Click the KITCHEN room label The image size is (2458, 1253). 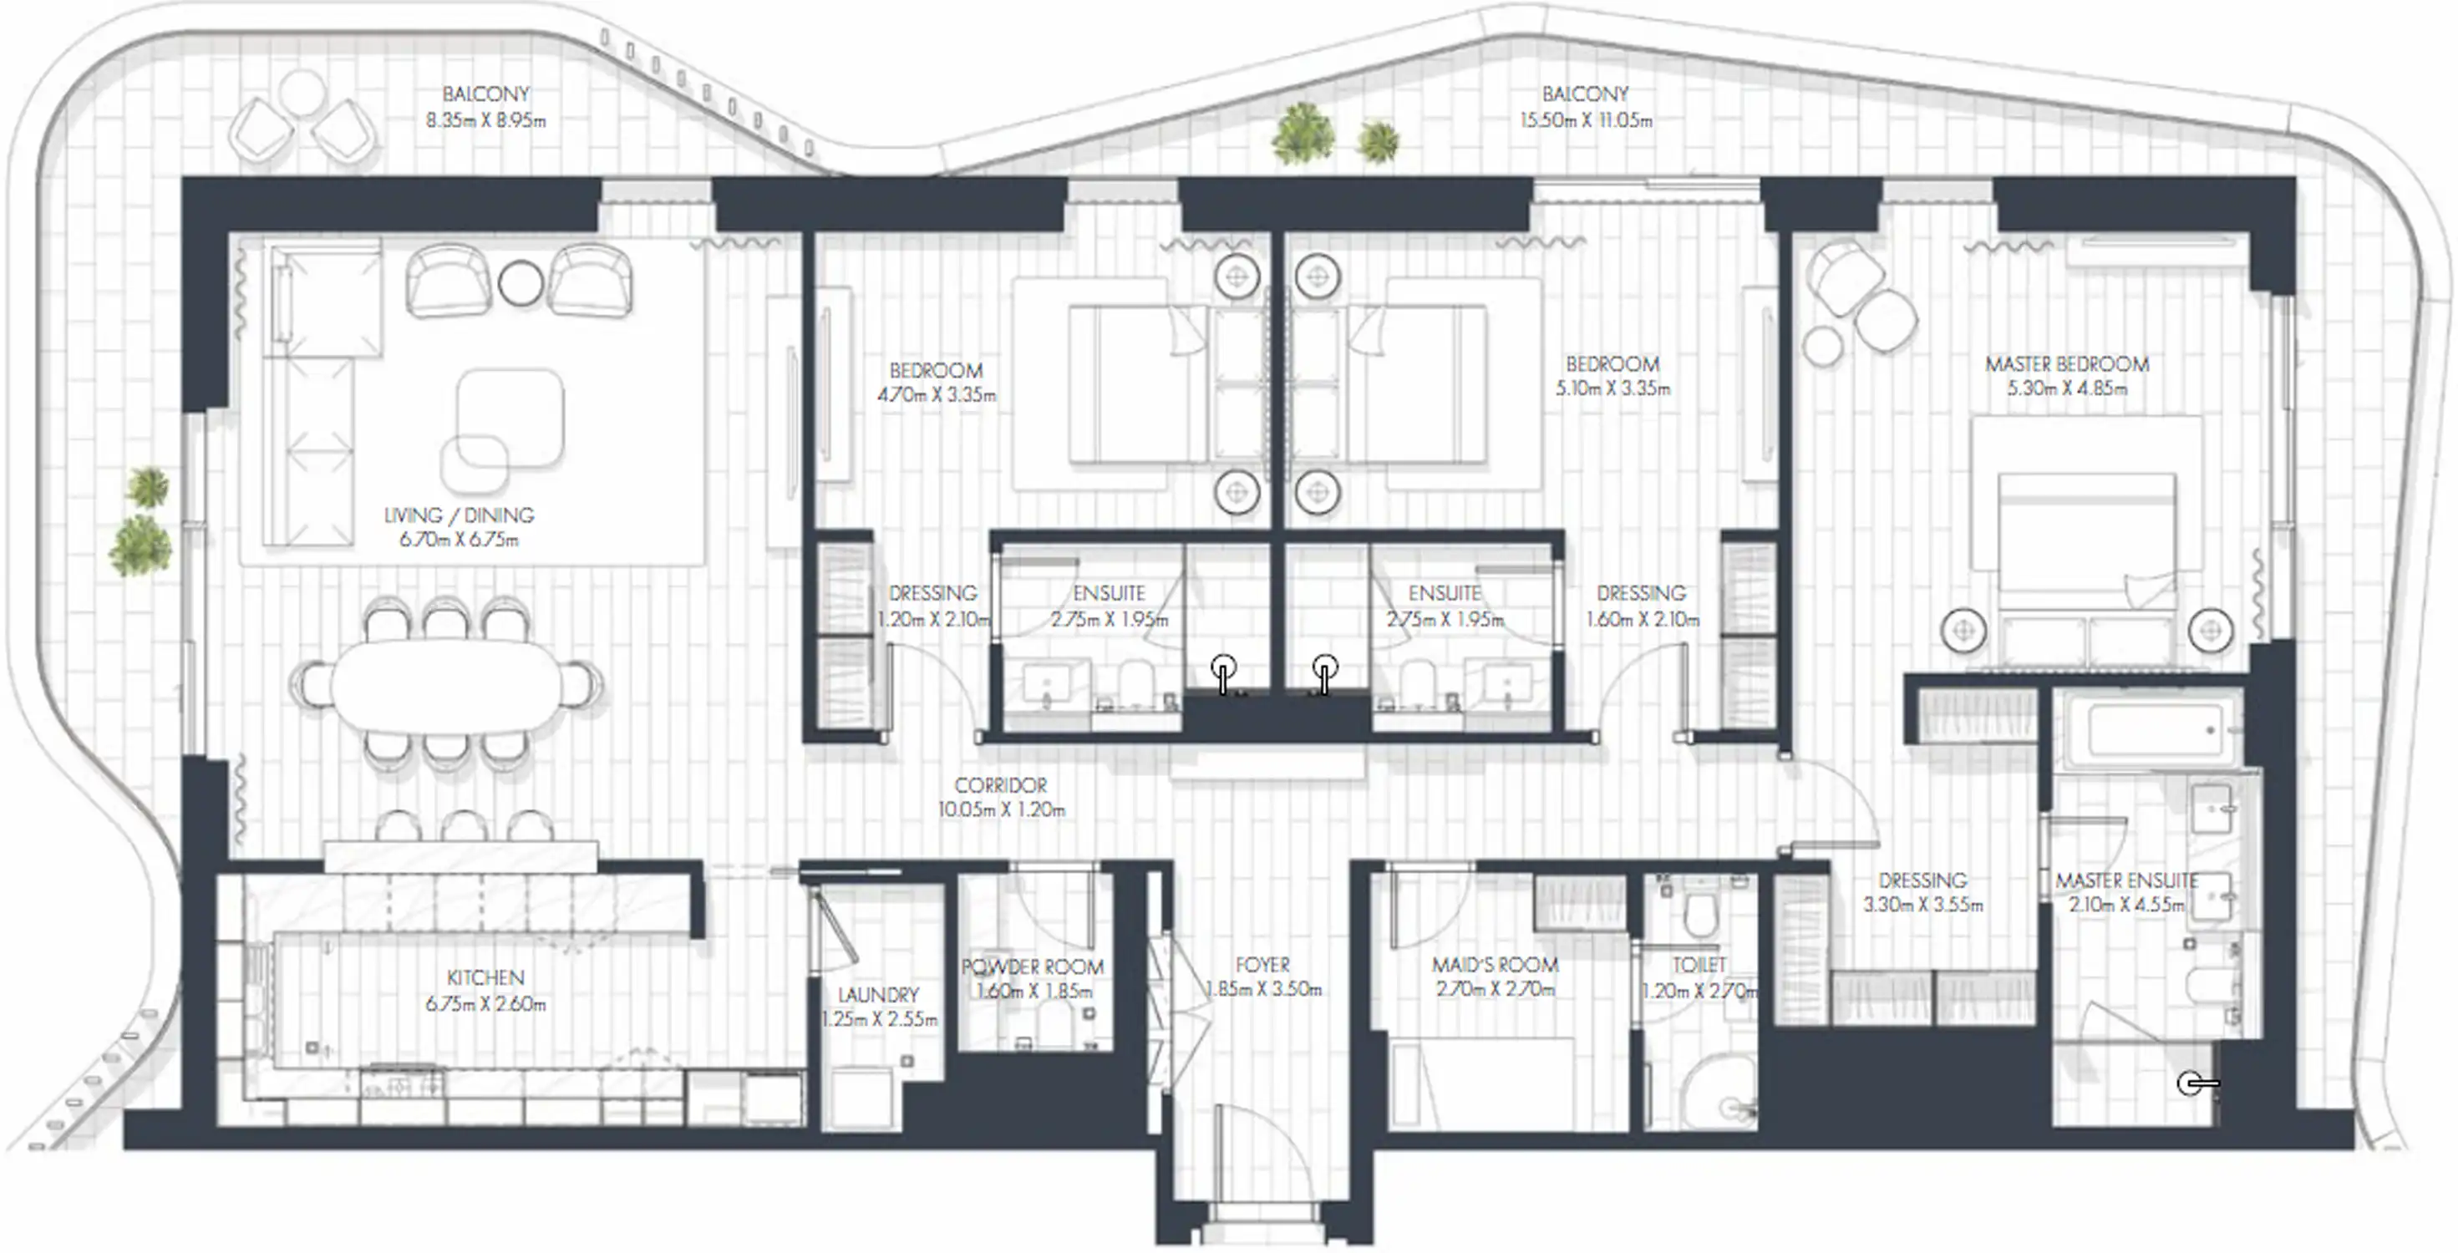(485, 978)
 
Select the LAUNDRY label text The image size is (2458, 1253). (878, 994)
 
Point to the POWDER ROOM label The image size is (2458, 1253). (1033, 966)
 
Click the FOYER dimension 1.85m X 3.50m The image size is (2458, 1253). (1263, 990)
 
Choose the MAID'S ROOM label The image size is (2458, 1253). (1494, 965)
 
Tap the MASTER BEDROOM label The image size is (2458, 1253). (2067, 363)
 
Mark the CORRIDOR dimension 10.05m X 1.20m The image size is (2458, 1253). (1001, 810)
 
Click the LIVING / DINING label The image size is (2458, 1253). (458, 515)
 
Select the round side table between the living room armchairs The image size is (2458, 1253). (521, 282)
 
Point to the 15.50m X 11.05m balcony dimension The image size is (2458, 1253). (1585, 121)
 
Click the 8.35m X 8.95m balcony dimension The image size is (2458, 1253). (485, 121)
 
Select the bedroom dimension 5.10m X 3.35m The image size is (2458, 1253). (1612, 389)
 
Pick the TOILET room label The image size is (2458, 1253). (1699, 966)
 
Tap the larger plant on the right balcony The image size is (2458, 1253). (1303, 133)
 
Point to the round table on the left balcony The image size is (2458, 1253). (302, 93)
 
